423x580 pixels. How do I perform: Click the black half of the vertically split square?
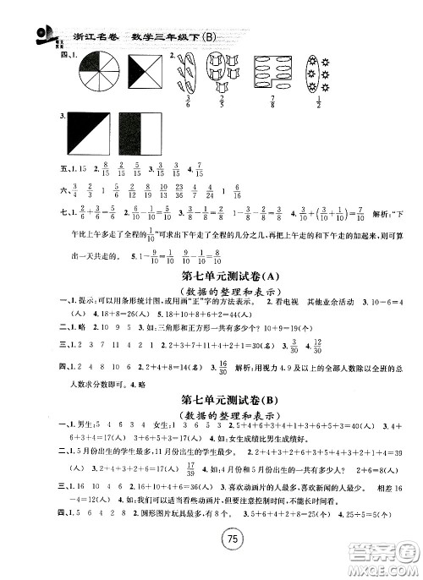129,136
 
